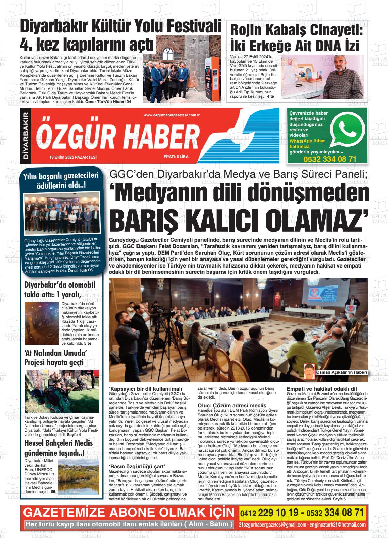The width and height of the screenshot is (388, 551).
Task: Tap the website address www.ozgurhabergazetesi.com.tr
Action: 172,115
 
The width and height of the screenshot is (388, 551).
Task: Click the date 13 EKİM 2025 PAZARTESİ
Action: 73,157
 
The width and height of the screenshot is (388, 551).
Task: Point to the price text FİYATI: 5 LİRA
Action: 176,157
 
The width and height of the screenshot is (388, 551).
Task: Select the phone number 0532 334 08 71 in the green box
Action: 330,159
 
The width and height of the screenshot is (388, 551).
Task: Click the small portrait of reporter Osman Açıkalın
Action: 309,371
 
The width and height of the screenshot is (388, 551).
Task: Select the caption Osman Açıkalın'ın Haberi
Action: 341,372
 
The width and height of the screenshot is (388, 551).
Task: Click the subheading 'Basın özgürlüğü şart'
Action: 137,466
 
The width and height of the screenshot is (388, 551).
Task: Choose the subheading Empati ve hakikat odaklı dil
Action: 322,389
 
